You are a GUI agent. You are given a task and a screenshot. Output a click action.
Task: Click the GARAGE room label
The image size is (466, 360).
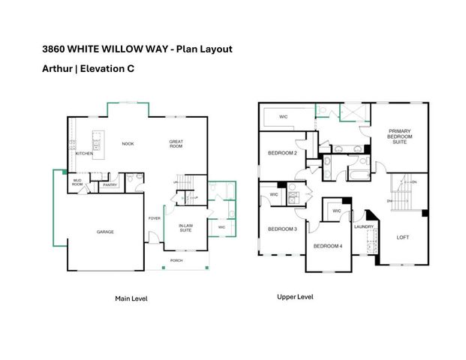pos(105,232)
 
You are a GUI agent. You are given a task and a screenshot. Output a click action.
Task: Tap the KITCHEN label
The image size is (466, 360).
pos(84,154)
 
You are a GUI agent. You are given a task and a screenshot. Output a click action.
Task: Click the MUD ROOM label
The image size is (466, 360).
pos(77,182)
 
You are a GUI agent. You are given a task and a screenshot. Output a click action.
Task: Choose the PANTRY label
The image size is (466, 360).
pos(110,184)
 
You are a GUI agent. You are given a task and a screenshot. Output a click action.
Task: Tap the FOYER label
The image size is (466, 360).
pos(154,218)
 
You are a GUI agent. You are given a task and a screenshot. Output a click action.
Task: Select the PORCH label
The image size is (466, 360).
pos(176,261)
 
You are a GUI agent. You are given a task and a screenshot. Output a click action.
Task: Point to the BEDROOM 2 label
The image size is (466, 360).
pos(283,153)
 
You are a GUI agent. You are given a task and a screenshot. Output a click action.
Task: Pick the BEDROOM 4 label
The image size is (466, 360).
pos(327,247)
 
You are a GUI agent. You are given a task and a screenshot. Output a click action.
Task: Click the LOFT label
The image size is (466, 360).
pos(403,237)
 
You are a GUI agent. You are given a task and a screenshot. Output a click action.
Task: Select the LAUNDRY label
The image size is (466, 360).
pos(365,226)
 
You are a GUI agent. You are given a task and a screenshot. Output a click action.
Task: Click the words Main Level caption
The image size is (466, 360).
pos(131,298)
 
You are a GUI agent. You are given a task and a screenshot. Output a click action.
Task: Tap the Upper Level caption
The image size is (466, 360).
pos(295,297)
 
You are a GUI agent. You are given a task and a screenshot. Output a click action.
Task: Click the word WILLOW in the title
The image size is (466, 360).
pos(133,49)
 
